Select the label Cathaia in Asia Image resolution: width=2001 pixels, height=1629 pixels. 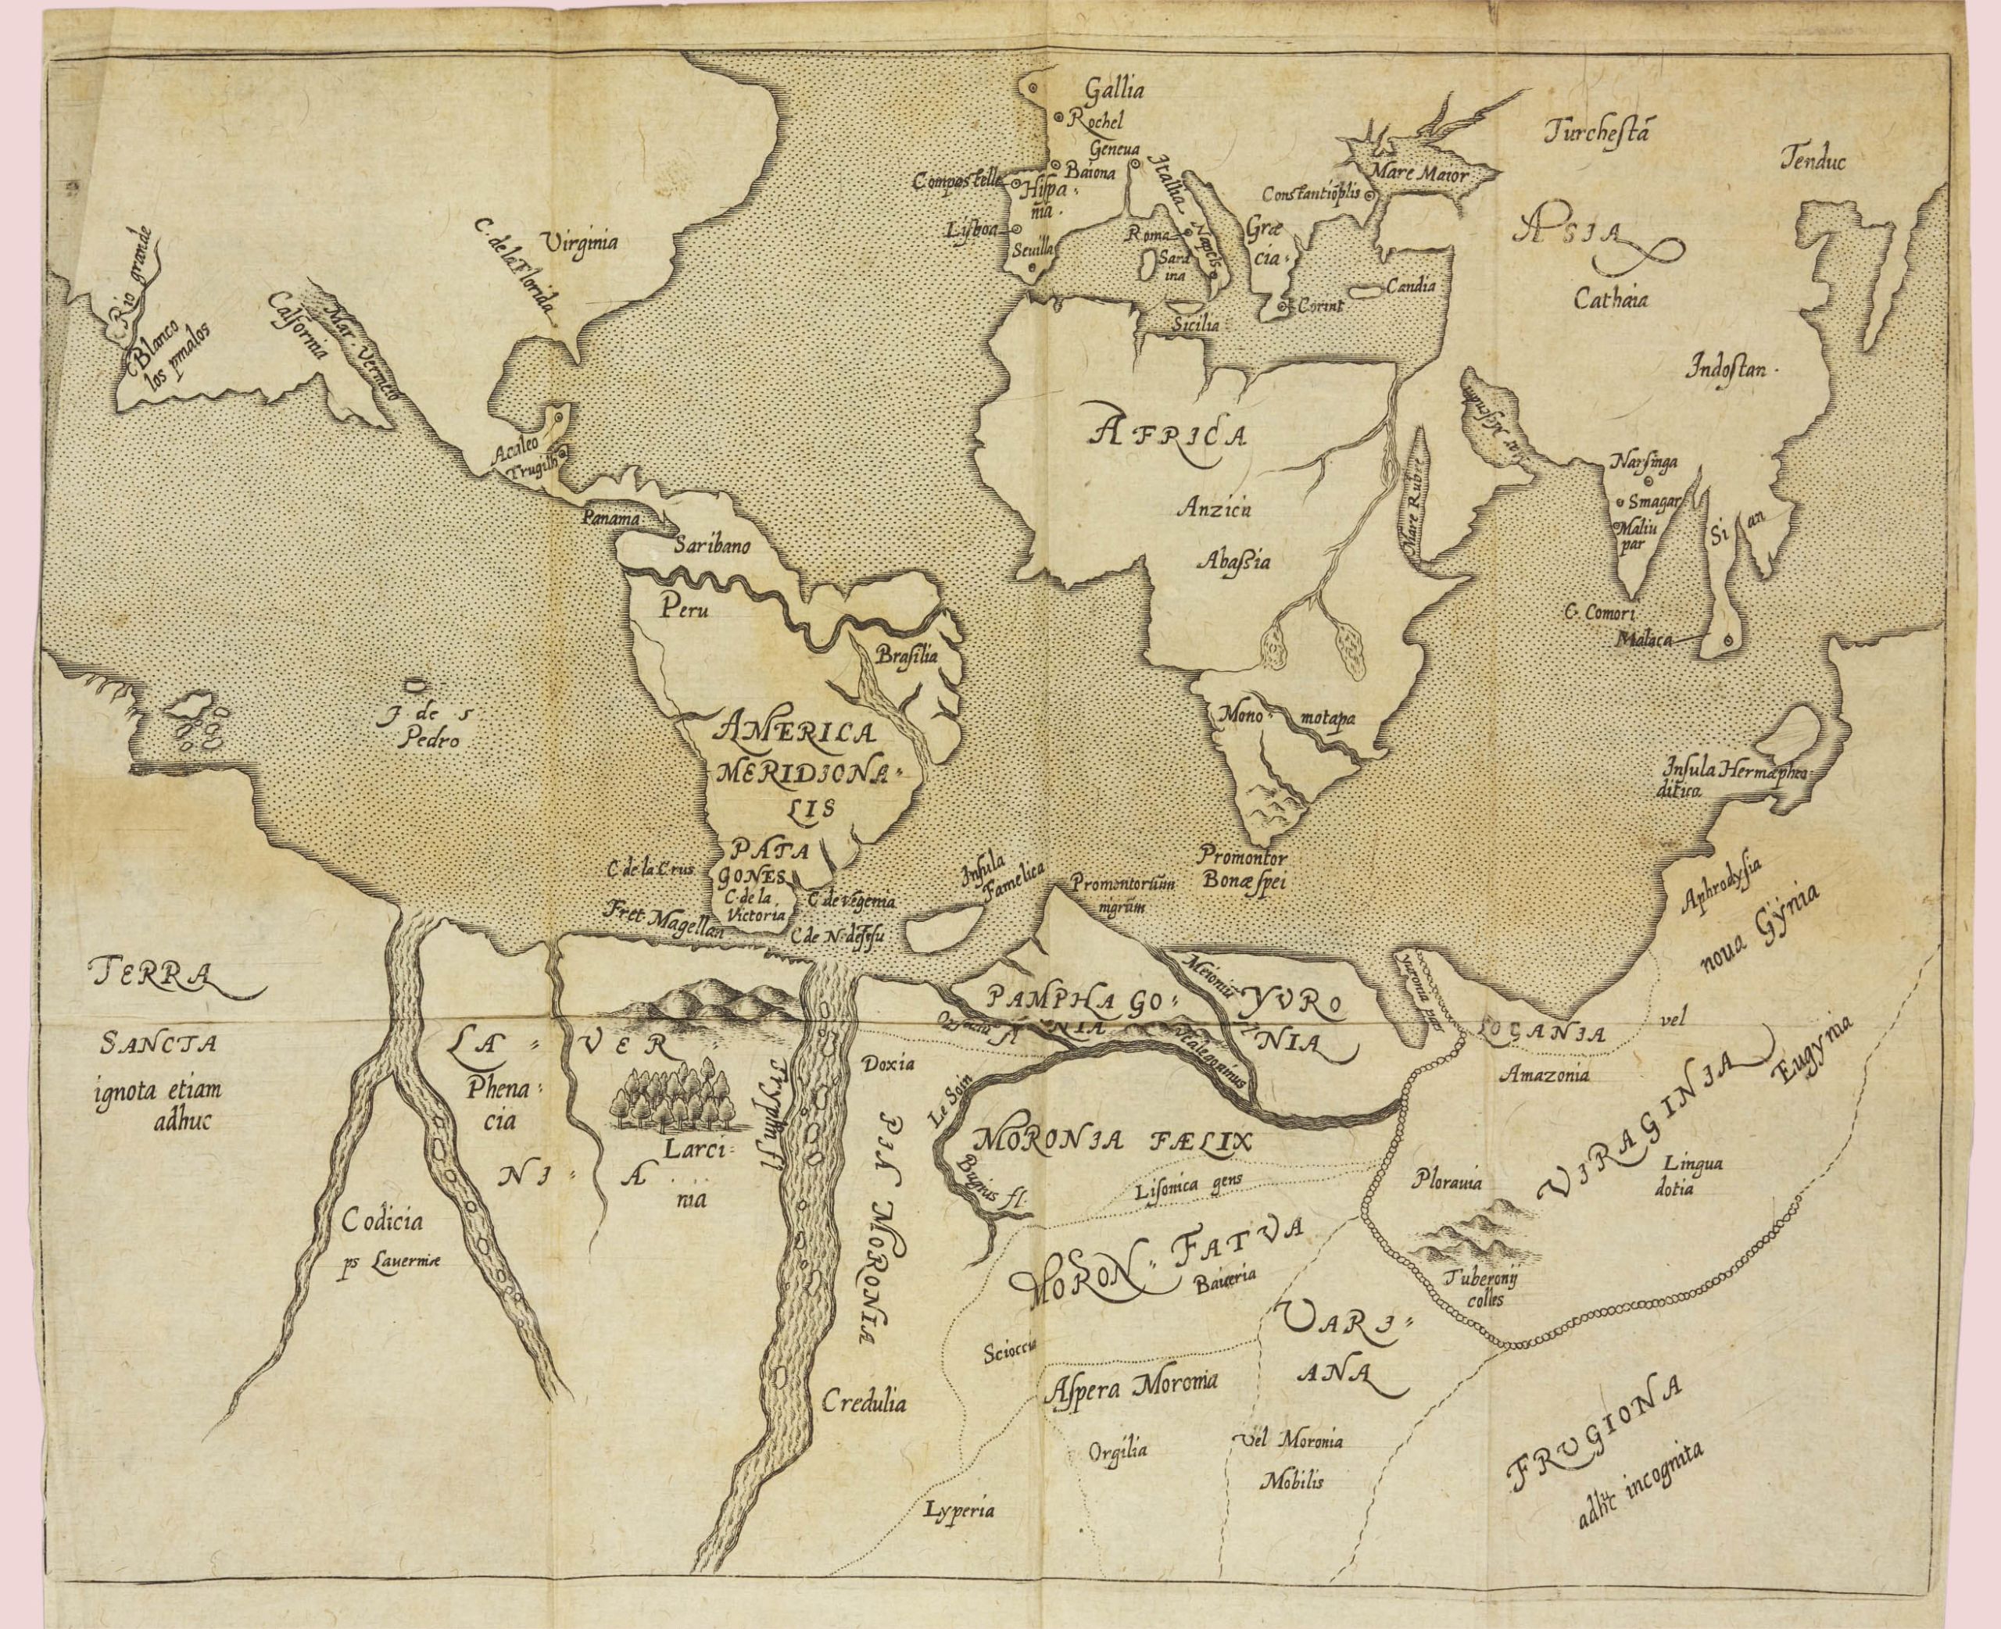1612,302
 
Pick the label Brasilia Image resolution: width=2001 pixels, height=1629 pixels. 906,657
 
